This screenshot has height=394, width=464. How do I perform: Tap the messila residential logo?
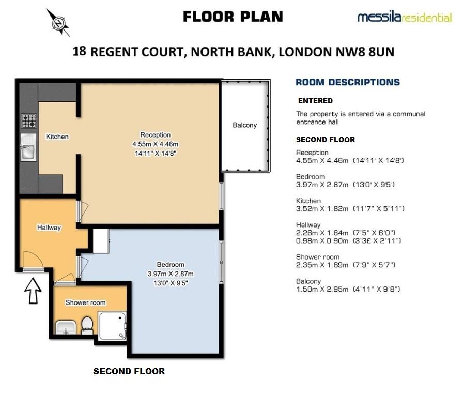pos(404,18)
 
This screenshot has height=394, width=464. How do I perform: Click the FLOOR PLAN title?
pos(233,17)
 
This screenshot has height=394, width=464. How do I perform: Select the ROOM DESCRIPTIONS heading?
pos(347,82)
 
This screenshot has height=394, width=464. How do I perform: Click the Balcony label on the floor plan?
pos(244,125)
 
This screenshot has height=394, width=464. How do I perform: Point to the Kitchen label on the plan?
pos(57,137)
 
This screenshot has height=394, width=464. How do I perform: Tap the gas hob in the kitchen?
pos(29,121)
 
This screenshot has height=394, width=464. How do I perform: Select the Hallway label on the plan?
pos(49,228)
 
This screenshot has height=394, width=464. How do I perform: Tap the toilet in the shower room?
pos(87,325)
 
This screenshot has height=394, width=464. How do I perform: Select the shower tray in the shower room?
pos(112,326)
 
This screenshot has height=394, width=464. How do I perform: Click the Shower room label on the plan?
pos(86,303)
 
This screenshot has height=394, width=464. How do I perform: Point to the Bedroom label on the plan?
pos(171,265)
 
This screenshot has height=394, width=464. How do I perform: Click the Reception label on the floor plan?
pos(156,135)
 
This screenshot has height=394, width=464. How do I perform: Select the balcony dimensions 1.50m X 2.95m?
pos(322,289)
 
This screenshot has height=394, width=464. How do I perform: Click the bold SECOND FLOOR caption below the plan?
pos(129,371)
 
